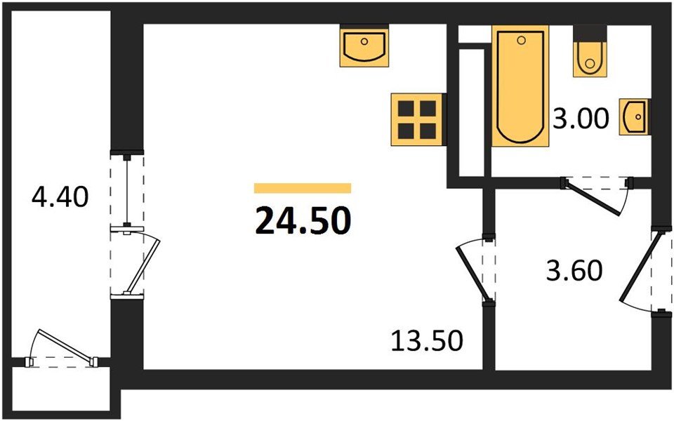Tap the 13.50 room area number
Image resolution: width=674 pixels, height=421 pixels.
(427, 342)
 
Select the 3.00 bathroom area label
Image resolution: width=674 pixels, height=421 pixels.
(580, 120)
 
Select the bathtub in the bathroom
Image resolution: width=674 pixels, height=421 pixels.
(520, 86)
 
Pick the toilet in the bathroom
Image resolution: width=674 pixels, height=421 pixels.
(589, 55)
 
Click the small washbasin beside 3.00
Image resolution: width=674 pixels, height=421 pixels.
(634, 116)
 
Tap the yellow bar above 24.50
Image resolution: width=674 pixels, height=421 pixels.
(302, 188)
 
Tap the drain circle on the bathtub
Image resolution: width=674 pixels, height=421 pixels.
(520, 41)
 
